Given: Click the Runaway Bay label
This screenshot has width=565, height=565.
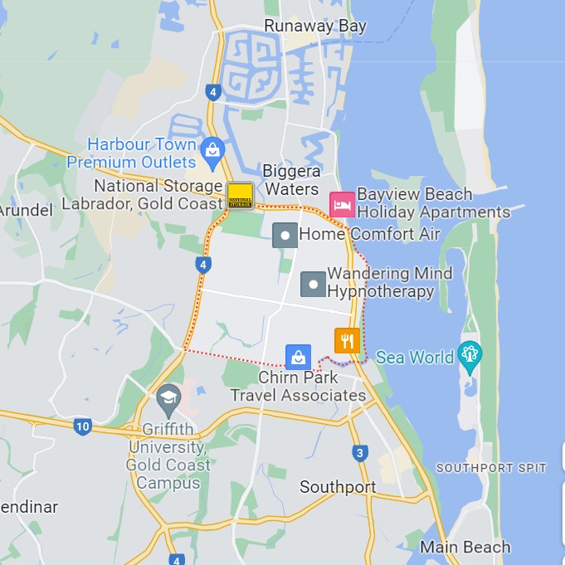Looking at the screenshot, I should pyautogui.click(x=315, y=27).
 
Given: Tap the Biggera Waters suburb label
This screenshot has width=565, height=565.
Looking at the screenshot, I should pyautogui.click(x=291, y=180).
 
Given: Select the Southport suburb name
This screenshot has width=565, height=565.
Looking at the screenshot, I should pyautogui.click(x=338, y=487).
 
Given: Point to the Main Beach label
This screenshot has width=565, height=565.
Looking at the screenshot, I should pyautogui.click(x=465, y=547).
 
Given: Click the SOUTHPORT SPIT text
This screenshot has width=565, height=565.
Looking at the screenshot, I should pyautogui.click(x=491, y=468).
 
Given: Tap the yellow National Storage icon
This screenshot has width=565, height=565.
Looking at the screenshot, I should pyautogui.click(x=240, y=196).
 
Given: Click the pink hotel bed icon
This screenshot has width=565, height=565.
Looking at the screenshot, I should pyautogui.click(x=342, y=204).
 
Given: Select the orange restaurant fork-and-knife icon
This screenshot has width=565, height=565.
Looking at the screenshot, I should pyautogui.click(x=348, y=340).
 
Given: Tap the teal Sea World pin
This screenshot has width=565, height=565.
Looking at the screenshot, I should pyautogui.click(x=470, y=354).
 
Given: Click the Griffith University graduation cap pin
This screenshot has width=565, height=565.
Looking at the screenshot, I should pyautogui.click(x=168, y=399).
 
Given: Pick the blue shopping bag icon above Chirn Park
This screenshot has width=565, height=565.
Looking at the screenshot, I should pyautogui.click(x=298, y=357).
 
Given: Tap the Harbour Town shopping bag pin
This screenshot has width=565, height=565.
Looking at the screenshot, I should pyautogui.click(x=212, y=150).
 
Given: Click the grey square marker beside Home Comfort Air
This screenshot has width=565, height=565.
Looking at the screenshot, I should pyautogui.click(x=285, y=235).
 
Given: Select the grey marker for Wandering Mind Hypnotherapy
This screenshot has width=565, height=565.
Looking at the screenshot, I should pyautogui.click(x=313, y=284).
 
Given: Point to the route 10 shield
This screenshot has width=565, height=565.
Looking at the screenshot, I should pyautogui.click(x=81, y=427).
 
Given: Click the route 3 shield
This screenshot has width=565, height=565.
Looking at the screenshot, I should pyautogui.click(x=359, y=453).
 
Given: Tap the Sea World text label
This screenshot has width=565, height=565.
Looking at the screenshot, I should pyautogui.click(x=415, y=358).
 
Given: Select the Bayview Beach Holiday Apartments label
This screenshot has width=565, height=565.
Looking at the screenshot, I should pyautogui.click(x=433, y=203).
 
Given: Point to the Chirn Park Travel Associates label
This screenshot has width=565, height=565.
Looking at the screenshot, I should pyautogui.click(x=298, y=387).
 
